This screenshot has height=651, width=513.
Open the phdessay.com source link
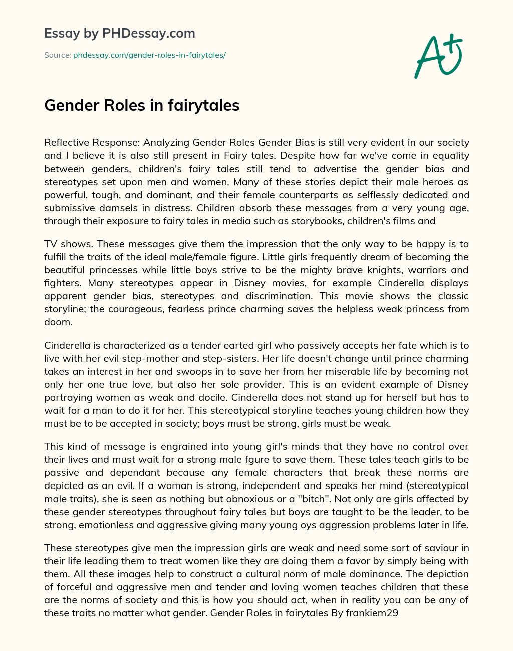(149, 55)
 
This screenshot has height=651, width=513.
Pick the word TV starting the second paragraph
(51, 244)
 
